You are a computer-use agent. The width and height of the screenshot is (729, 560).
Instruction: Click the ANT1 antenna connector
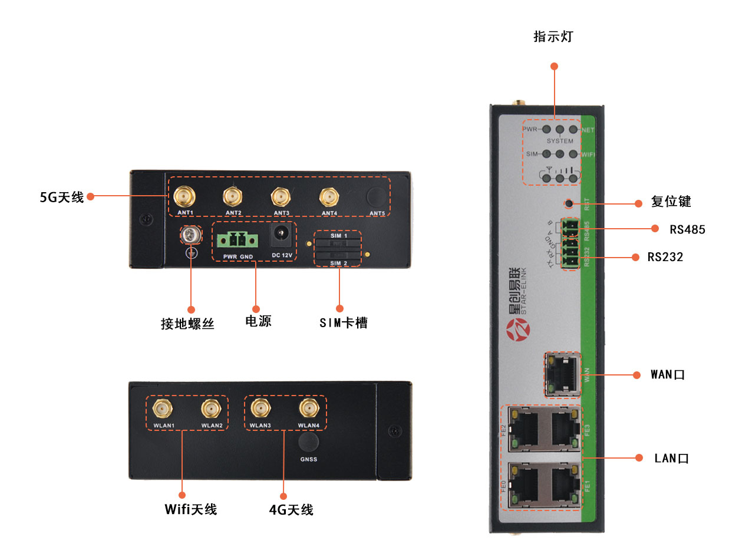pyautogui.click(x=184, y=196)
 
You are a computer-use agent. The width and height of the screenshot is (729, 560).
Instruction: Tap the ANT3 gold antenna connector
pyautogui.click(x=281, y=196)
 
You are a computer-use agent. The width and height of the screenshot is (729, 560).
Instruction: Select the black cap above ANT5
pyautogui.click(x=376, y=196)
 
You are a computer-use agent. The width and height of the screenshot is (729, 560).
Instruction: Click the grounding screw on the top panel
pyautogui.click(x=190, y=236)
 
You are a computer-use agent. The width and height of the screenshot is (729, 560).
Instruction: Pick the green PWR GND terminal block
pyautogui.click(x=237, y=239)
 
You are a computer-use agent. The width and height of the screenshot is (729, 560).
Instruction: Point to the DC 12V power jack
pyautogui.click(x=281, y=236)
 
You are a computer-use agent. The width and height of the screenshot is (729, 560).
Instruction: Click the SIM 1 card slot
pyautogui.click(x=339, y=242)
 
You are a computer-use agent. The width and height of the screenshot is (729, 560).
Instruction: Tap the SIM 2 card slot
pyautogui.click(x=339, y=256)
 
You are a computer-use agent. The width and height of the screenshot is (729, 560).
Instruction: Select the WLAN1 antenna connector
pyautogui.click(x=162, y=408)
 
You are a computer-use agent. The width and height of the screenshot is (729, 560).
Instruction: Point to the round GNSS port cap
pyautogui.click(x=308, y=443)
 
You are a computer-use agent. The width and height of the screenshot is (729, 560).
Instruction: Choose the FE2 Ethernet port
pyautogui.click(x=526, y=427)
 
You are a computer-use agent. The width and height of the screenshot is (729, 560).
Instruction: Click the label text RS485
pyautogui.click(x=687, y=229)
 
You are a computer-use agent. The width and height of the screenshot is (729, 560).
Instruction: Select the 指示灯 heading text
pyautogui.click(x=553, y=37)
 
